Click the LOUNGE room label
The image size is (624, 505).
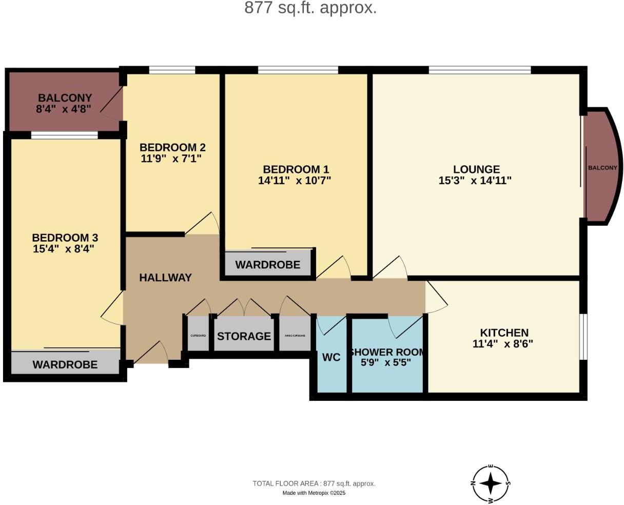pos(476,169)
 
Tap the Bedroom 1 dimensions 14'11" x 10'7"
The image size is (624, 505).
pos(295,181)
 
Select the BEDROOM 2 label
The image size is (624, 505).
pos(172,147)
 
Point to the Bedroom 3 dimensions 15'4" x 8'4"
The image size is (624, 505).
pos(64,249)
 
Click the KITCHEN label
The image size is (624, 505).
pos(504,333)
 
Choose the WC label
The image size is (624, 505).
pos(331,358)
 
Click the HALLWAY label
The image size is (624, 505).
pos(165,278)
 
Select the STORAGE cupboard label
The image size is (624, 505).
pos(244,337)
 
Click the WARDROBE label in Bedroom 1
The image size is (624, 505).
pos(267,265)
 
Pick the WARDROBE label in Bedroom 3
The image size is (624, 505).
pos(65,365)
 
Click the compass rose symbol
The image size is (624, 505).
pos(491,483)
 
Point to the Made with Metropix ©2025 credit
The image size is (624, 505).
pos(314,493)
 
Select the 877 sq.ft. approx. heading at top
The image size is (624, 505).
pos(310,8)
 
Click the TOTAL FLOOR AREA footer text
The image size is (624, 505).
pos(314,483)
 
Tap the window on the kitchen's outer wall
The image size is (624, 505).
pos(583,336)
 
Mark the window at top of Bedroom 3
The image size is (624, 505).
pos(64,135)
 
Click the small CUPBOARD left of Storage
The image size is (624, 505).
pos(198,335)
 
